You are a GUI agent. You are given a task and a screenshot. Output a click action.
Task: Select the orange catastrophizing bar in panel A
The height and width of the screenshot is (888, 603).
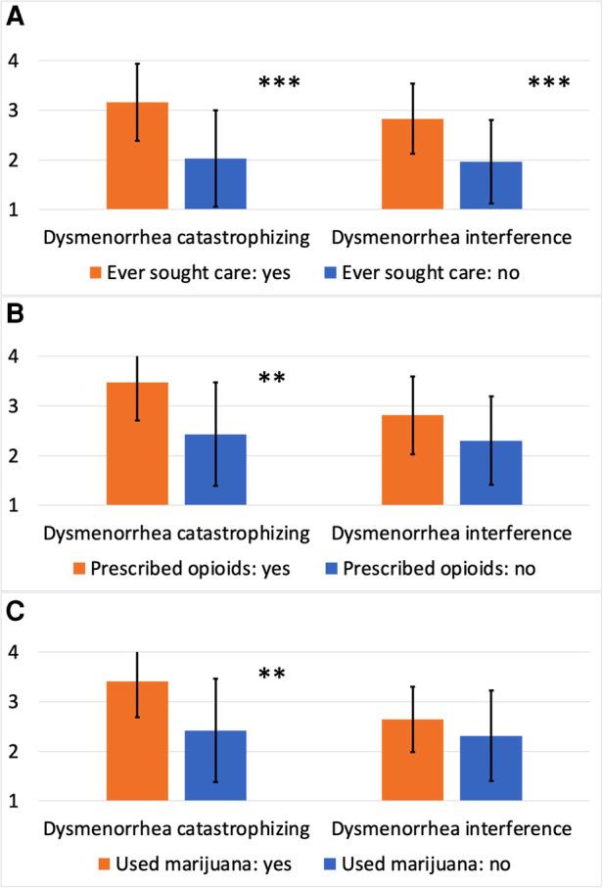tap(138, 156)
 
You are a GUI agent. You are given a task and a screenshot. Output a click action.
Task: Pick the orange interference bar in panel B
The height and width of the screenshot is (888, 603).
tap(413, 460)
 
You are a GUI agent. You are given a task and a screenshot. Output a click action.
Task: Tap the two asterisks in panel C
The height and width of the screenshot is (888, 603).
tap(272, 675)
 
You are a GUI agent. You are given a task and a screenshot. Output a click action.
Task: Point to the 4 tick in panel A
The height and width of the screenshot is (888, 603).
tap(13, 61)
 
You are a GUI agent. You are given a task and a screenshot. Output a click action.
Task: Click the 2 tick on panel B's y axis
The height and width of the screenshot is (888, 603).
tap(13, 456)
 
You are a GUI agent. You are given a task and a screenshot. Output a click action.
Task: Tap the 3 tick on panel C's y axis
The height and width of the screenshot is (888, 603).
tap(13, 702)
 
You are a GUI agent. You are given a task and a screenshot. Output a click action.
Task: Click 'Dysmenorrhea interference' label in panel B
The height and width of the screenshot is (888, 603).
tap(451, 534)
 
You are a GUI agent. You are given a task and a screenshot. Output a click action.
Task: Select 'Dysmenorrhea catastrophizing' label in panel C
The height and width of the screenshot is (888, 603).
tap(176, 829)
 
